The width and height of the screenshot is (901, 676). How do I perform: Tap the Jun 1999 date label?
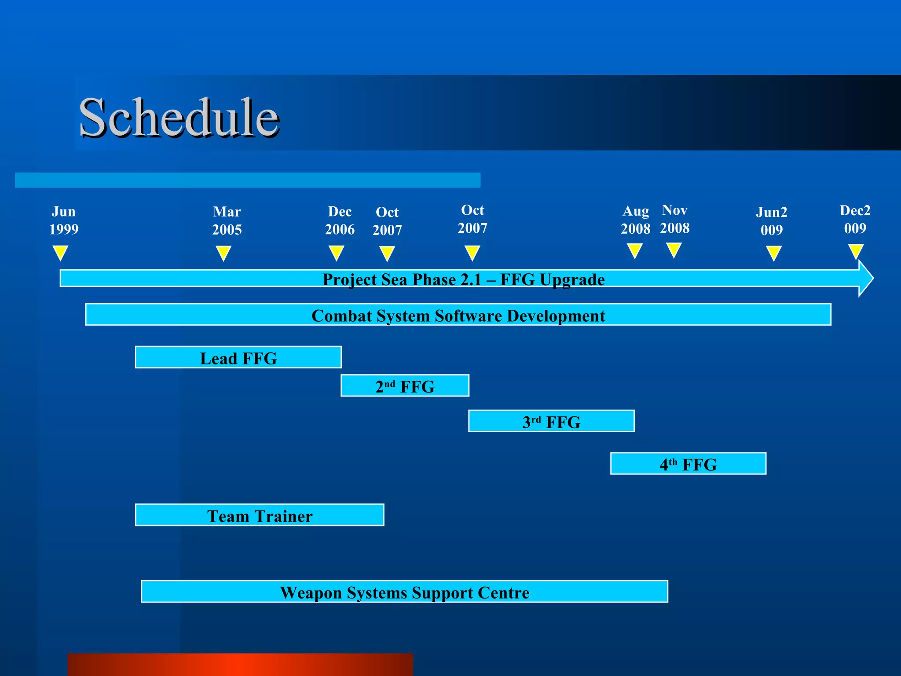click(x=63, y=220)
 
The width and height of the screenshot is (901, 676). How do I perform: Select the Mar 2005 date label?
click(x=227, y=220)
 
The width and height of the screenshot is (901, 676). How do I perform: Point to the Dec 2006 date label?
click(x=340, y=220)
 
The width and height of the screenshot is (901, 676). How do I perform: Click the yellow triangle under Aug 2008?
click(x=634, y=250)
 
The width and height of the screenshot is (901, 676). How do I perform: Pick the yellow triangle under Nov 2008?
click(x=674, y=250)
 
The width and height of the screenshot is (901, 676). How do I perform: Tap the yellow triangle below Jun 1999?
click(x=60, y=253)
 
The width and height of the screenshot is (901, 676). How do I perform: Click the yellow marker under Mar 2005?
click(x=223, y=253)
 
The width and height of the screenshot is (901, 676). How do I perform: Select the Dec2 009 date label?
click(x=855, y=219)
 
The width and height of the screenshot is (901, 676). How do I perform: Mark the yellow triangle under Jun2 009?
click(x=773, y=253)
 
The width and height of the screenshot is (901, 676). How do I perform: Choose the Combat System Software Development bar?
click(x=458, y=315)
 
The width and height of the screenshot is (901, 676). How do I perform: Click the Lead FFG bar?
click(x=238, y=357)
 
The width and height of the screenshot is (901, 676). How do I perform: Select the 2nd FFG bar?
click(x=405, y=386)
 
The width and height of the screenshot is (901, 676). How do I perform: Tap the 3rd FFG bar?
click(x=551, y=421)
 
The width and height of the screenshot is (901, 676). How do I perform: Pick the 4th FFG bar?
click(x=688, y=463)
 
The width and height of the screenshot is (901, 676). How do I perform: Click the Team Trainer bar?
click(x=260, y=515)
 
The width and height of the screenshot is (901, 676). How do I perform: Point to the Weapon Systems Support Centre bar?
click(x=404, y=591)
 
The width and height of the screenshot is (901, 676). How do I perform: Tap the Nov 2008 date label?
click(x=674, y=219)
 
